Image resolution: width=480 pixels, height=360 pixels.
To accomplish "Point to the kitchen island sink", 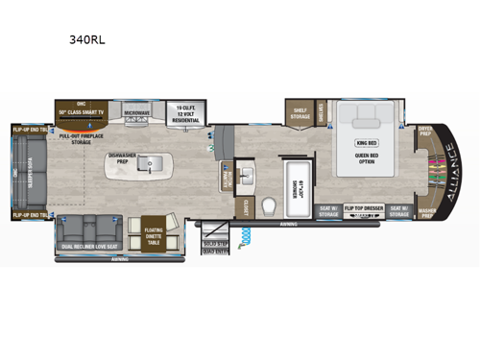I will pyautogui.click(x=150, y=166).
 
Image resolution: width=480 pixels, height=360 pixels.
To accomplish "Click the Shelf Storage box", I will pyautogui.click(x=299, y=112).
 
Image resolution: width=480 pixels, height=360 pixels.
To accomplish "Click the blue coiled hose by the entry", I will pyautogui.click(x=247, y=234).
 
